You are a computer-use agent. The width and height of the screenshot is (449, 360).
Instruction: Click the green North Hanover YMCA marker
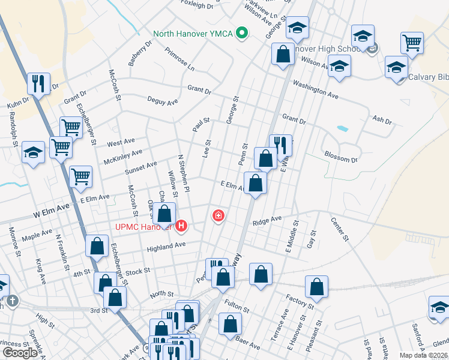242,32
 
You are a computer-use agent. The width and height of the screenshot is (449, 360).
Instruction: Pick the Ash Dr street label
382,120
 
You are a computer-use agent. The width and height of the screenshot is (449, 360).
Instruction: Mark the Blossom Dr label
341,158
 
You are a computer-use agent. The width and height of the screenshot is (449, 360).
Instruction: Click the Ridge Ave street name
267,221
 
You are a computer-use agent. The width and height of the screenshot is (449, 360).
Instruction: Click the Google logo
20,352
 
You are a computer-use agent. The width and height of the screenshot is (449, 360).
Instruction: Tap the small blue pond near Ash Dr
342,128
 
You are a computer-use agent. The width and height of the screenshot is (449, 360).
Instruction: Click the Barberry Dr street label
140,53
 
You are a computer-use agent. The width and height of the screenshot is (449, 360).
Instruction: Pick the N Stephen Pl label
184,174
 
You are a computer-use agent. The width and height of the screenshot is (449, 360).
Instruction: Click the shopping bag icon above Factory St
316,287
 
